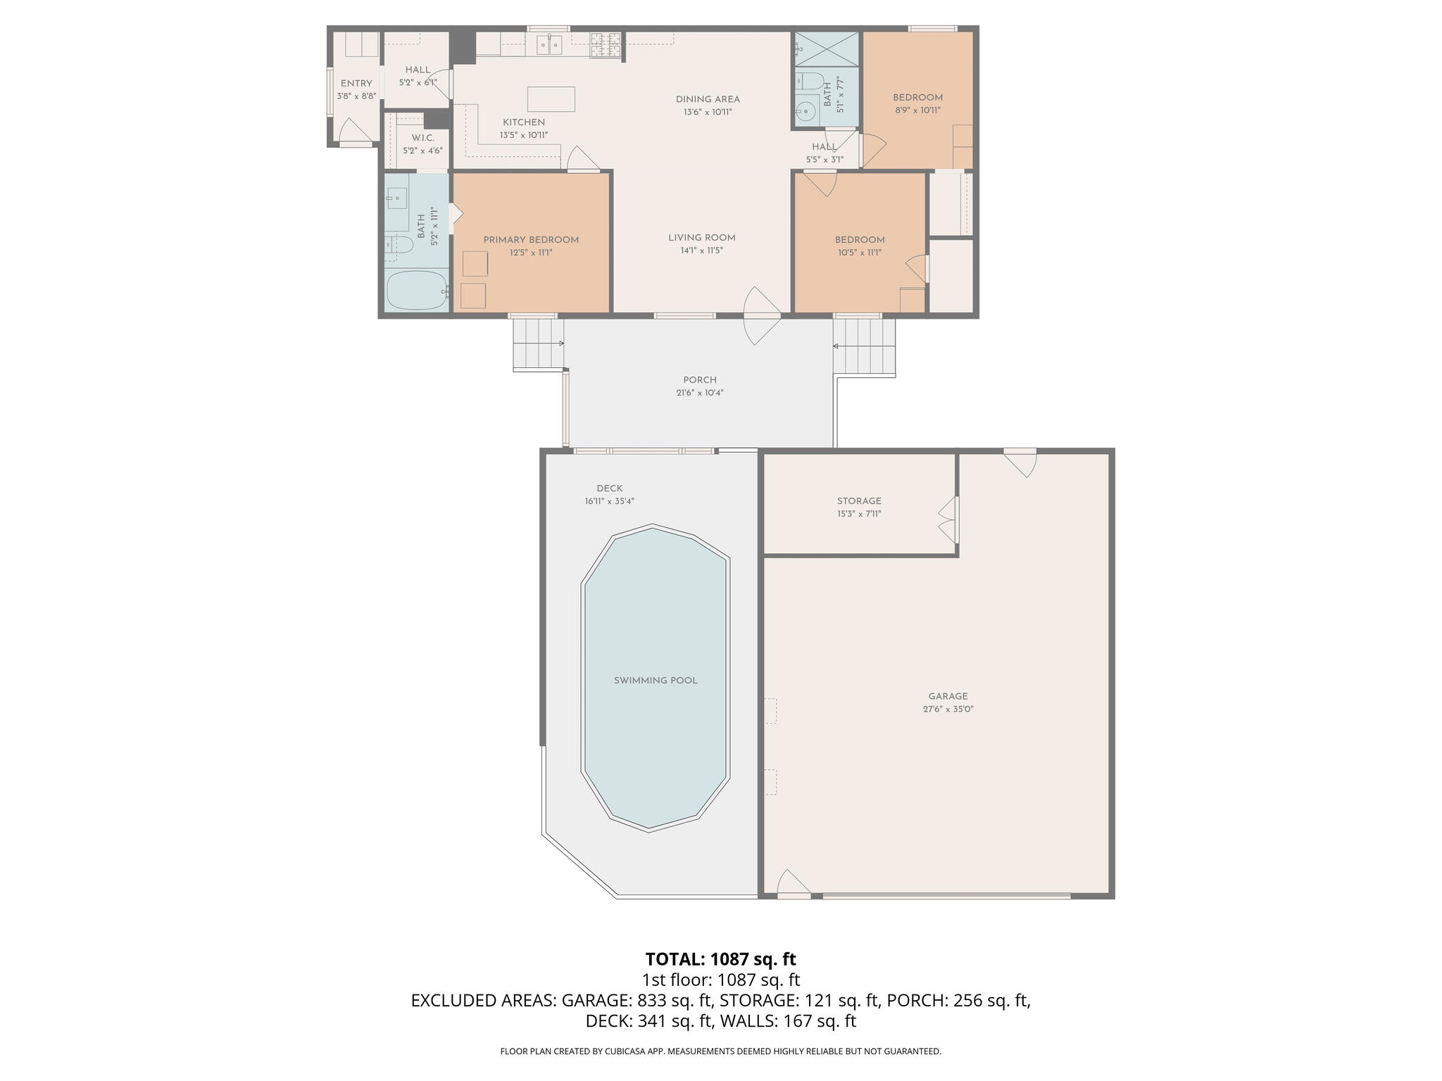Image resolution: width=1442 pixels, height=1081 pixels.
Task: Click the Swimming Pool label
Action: click(x=655, y=681)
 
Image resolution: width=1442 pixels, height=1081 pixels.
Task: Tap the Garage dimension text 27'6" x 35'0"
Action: click(x=948, y=709)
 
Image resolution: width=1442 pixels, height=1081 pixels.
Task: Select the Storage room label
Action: click(x=859, y=501)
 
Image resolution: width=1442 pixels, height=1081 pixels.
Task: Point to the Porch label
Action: click(x=699, y=380)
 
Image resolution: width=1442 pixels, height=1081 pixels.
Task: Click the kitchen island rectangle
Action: click(x=551, y=99)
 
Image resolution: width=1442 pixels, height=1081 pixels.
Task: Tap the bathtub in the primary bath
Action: click(x=417, y=291)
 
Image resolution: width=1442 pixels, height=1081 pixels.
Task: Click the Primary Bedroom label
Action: click(x=531, y=240)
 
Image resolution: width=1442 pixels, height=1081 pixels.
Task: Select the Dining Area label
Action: click(x=708, y=99)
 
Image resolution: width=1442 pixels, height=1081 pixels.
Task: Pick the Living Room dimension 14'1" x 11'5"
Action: click(x=702, y=251)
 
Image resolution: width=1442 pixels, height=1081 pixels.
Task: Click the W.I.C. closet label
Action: click(x=422, y=138)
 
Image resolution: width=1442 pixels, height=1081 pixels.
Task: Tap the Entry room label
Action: click(x=356, y=84)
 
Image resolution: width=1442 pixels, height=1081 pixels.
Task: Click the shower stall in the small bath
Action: click(x=827, y=48)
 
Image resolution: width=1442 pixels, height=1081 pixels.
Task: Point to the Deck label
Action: click(x=609, y=488)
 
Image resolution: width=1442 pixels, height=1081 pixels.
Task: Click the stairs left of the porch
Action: click(x=538, y=343)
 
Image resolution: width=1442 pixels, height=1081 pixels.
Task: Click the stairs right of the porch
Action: click(x=864, y=347)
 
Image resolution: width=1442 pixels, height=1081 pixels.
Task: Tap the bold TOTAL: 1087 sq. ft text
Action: click(x=720, y=959)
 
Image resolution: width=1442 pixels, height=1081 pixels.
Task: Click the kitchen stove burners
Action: click(x=606, y=46)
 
